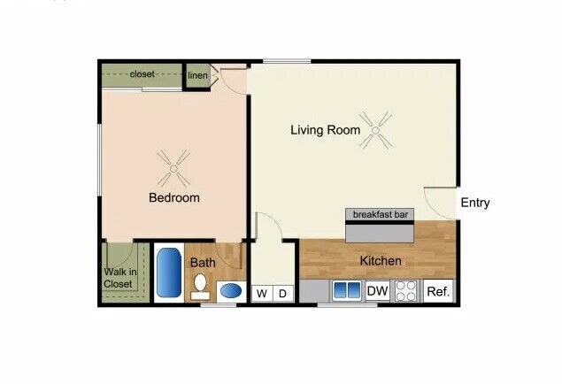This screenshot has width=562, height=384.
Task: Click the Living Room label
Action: [x=325, y=130]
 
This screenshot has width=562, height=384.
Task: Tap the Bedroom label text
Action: [x=173, y=198]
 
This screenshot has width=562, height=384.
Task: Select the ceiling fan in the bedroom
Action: [x=173, y=163]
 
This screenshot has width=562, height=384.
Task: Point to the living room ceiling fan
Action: [x=380, y=130]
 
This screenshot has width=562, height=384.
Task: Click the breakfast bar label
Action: [x=381, y=215]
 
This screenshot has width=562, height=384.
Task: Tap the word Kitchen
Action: [x=381, y=261]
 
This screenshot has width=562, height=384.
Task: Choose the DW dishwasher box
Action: [x=377, y=290]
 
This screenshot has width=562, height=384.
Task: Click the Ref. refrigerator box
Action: [x=439, y=291]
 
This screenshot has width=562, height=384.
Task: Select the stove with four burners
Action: [x=406, y=291]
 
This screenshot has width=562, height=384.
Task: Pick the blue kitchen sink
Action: [x=345, y=290]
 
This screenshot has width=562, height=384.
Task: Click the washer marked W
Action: [x=262, y=293]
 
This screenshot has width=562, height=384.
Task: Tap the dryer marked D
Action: [x=283, y=293]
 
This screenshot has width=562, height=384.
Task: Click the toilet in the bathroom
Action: [x=201, y=284]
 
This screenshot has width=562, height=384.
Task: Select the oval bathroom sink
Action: [x=230, y=291]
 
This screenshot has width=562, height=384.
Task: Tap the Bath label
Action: [x=203, y=263]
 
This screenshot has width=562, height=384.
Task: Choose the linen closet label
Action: [x=197, y=75]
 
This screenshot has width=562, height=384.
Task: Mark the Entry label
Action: [x=474, y=203]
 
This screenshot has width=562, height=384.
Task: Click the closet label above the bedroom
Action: [x=142, y=74]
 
